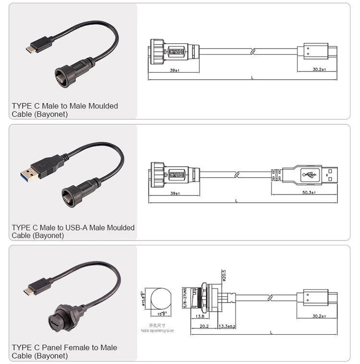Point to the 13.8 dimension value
[x=201, y=316]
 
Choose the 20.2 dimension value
[x=204, y=326]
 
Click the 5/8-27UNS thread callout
[x=185, y=298]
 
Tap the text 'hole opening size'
[x=157, y=330]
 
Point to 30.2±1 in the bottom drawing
[x=319, y=316]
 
